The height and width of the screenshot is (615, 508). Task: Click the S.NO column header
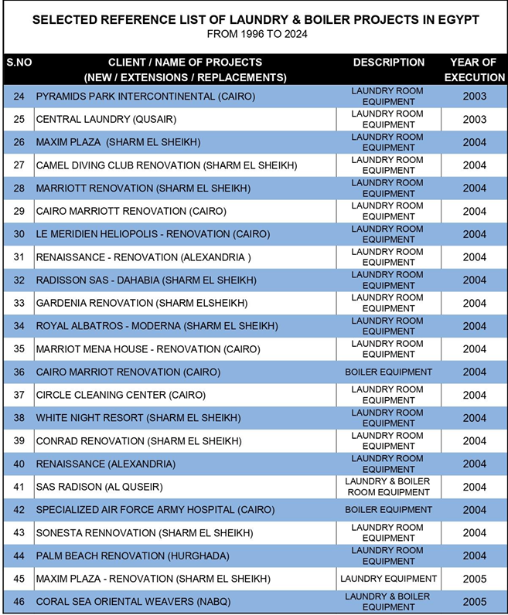18,63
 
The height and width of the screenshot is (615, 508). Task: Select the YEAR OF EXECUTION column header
474,70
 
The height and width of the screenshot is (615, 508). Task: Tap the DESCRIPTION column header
388,63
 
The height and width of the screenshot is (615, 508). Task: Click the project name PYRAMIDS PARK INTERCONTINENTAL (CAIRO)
145,97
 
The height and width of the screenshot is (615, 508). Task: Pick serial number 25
19,120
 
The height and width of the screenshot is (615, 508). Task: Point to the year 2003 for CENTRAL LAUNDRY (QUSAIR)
474,120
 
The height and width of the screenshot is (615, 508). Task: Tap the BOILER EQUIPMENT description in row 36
388,372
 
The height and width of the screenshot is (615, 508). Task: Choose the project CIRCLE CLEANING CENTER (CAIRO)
121,396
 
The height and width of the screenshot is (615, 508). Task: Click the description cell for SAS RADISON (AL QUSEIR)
388,487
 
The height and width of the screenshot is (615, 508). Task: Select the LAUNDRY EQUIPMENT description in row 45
388,579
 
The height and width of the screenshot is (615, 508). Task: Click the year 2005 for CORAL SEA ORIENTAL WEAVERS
474,602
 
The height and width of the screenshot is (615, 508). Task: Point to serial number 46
19,602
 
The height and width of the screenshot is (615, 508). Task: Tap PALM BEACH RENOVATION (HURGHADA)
132,556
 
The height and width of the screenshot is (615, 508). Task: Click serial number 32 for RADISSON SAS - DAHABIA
19,280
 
